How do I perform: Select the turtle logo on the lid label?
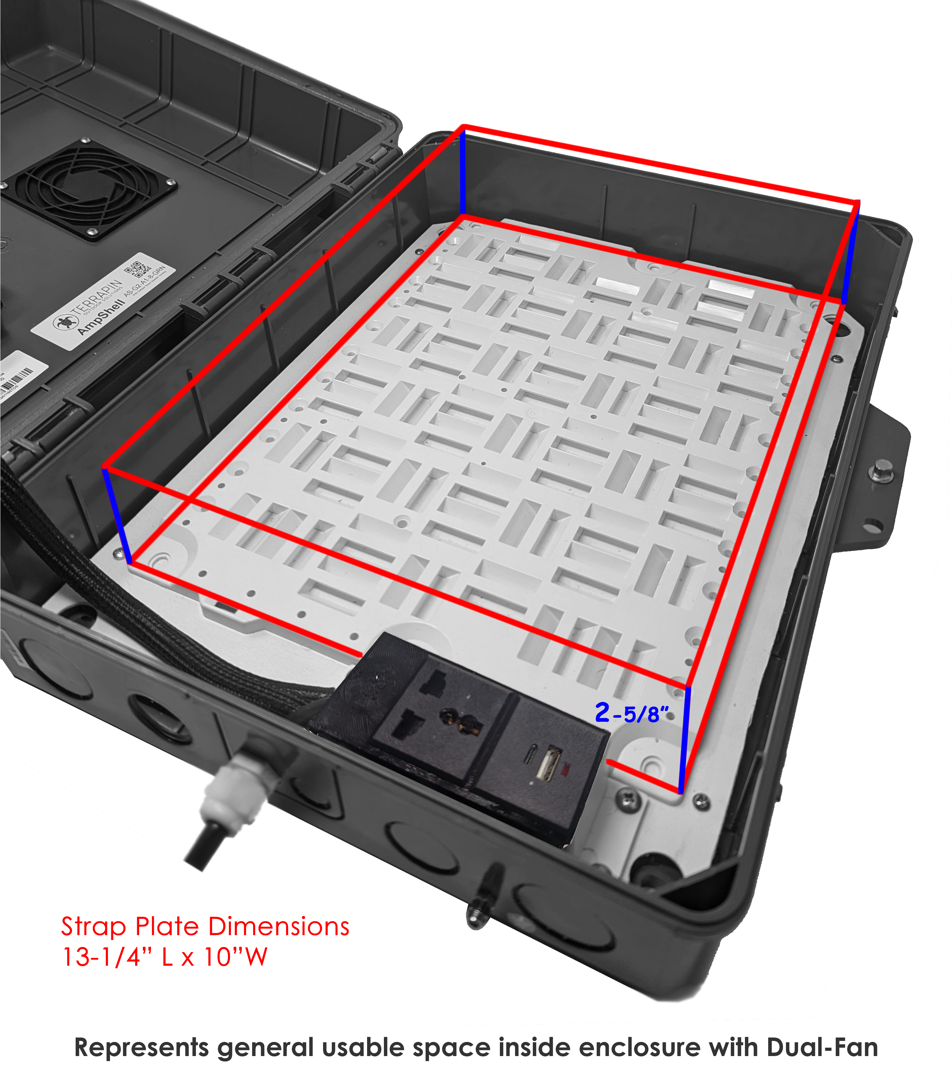point(64,322)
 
